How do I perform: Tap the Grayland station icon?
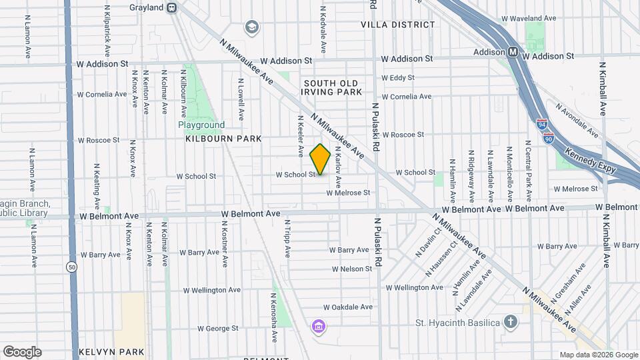(x=172, y=8)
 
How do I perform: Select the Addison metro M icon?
(x=513, y=52)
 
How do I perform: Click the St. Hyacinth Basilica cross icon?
(x=511, y=323)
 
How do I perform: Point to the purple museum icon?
(x=319, y=326)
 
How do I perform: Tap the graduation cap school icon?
(x=251, y=27)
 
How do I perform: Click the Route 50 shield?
(x=70, y=267)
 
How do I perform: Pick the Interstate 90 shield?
(x=548, y=138)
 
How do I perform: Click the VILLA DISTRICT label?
(x=397, y=25)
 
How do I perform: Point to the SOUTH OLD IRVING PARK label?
(x=333, y=87)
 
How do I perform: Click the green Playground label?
(x=201, y=125)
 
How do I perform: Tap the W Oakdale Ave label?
(x=348, y=307)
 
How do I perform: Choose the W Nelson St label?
(x=352, y=269)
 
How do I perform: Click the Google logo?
(x=22, y=351)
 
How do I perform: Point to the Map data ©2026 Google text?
(x=598, y=355)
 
